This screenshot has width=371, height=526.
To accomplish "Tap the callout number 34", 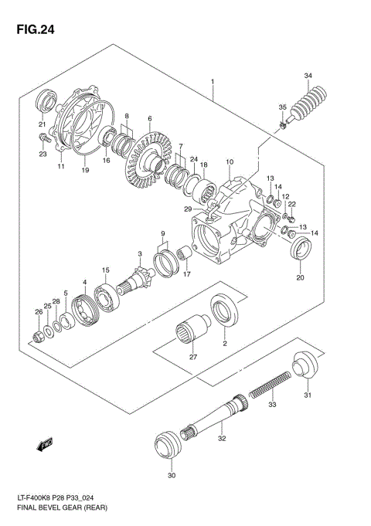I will [x=308, y=76].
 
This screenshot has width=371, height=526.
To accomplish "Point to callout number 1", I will [x=211, y=80].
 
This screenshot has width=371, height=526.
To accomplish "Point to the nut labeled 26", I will [x=38, y=336].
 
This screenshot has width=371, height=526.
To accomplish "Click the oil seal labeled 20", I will [x=301, y=251].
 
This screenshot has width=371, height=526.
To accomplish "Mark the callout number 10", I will [x=229, y=162].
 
